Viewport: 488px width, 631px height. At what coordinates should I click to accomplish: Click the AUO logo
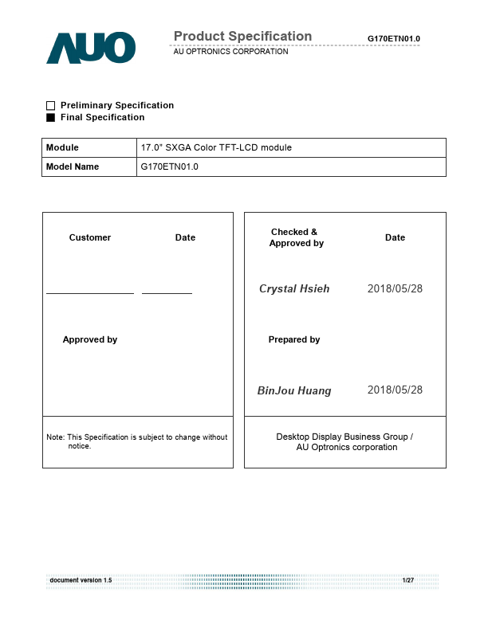coord(91,48)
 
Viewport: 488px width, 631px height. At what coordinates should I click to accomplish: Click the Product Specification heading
coord(242,37)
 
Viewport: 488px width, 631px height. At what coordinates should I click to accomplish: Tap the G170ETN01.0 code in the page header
coord(393,39)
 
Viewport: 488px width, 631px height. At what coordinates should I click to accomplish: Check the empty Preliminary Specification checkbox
coord(51,105)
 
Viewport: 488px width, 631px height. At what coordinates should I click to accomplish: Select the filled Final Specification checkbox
coord(51,117)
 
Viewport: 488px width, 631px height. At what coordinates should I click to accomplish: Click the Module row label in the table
coord(63,147)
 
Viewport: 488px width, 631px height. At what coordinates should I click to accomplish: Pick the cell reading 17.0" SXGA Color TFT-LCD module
coord(216,147)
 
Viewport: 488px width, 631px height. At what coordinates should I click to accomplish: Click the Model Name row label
coord(73,167)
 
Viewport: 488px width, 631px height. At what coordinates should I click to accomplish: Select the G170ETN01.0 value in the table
coord(170,167)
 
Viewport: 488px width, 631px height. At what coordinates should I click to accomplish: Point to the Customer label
coord(90,237)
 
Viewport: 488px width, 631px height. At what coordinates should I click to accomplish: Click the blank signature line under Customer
coord(90,293)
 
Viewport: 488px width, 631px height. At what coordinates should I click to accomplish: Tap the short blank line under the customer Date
coord(167,293)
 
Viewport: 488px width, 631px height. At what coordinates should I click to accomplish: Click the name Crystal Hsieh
coord(294,288)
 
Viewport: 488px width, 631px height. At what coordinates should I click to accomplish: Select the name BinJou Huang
coord(294,390)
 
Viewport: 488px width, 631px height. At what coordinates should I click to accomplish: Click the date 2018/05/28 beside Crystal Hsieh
coord(395,288)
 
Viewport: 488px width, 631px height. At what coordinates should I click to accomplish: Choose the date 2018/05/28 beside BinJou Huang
coord(395,390)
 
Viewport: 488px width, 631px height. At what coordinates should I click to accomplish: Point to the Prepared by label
coord(294,339)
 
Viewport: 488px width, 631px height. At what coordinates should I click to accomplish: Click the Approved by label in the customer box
coord(90,339)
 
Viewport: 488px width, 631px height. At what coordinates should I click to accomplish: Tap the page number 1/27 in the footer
coord(407,580)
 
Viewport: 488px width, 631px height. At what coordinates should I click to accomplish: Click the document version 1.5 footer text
coord(81,580)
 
